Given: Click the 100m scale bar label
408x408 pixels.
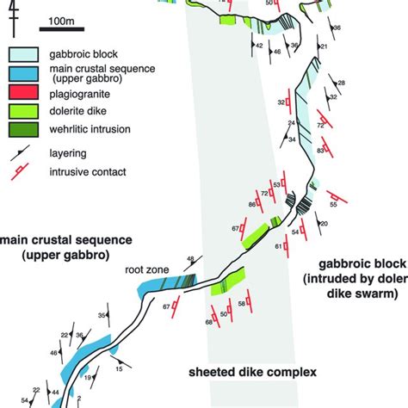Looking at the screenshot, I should [x=62, y=19].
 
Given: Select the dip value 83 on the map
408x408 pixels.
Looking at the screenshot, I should [x=320, y=151].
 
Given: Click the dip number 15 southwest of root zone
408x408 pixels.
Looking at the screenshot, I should [x=119, y=369].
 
